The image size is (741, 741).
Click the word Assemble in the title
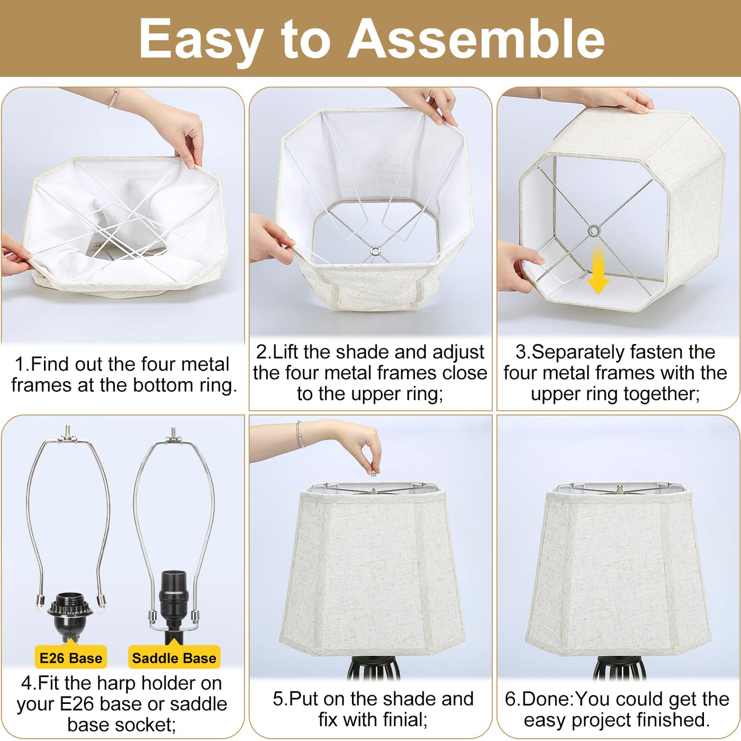point(476,39)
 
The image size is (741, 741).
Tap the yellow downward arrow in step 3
point(598,269)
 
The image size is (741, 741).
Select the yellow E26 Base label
point(71,658)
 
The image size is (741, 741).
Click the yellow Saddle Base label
point(174,658)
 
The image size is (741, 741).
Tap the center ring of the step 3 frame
point(594,231)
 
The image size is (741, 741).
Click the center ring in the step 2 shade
point(375,251)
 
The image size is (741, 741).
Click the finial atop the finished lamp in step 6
point(619,489)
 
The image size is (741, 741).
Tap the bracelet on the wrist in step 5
point(300,434)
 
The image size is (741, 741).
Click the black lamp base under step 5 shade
point(374,667)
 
